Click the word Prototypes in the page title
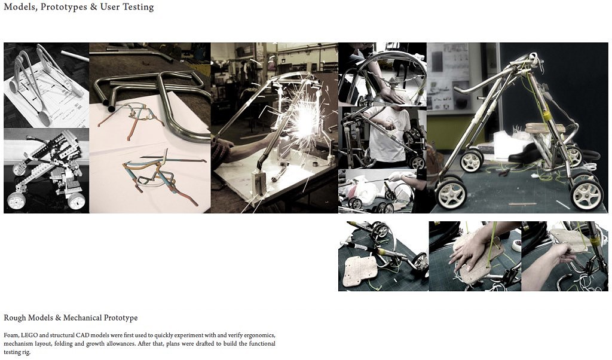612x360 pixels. [x=63, y=7]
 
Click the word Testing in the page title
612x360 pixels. [x=139, y=7]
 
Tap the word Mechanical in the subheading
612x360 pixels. [x=81, y=318]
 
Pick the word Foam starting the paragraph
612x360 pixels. [x=11, y=335]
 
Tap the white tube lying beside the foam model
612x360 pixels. [x=75, y=56]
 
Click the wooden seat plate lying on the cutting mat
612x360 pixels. [x=357, y=271]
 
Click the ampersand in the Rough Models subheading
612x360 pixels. [x=58, y=318]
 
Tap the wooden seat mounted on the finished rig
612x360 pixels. [x=544, y=129]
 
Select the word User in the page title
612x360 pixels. [x=110, y=7]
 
